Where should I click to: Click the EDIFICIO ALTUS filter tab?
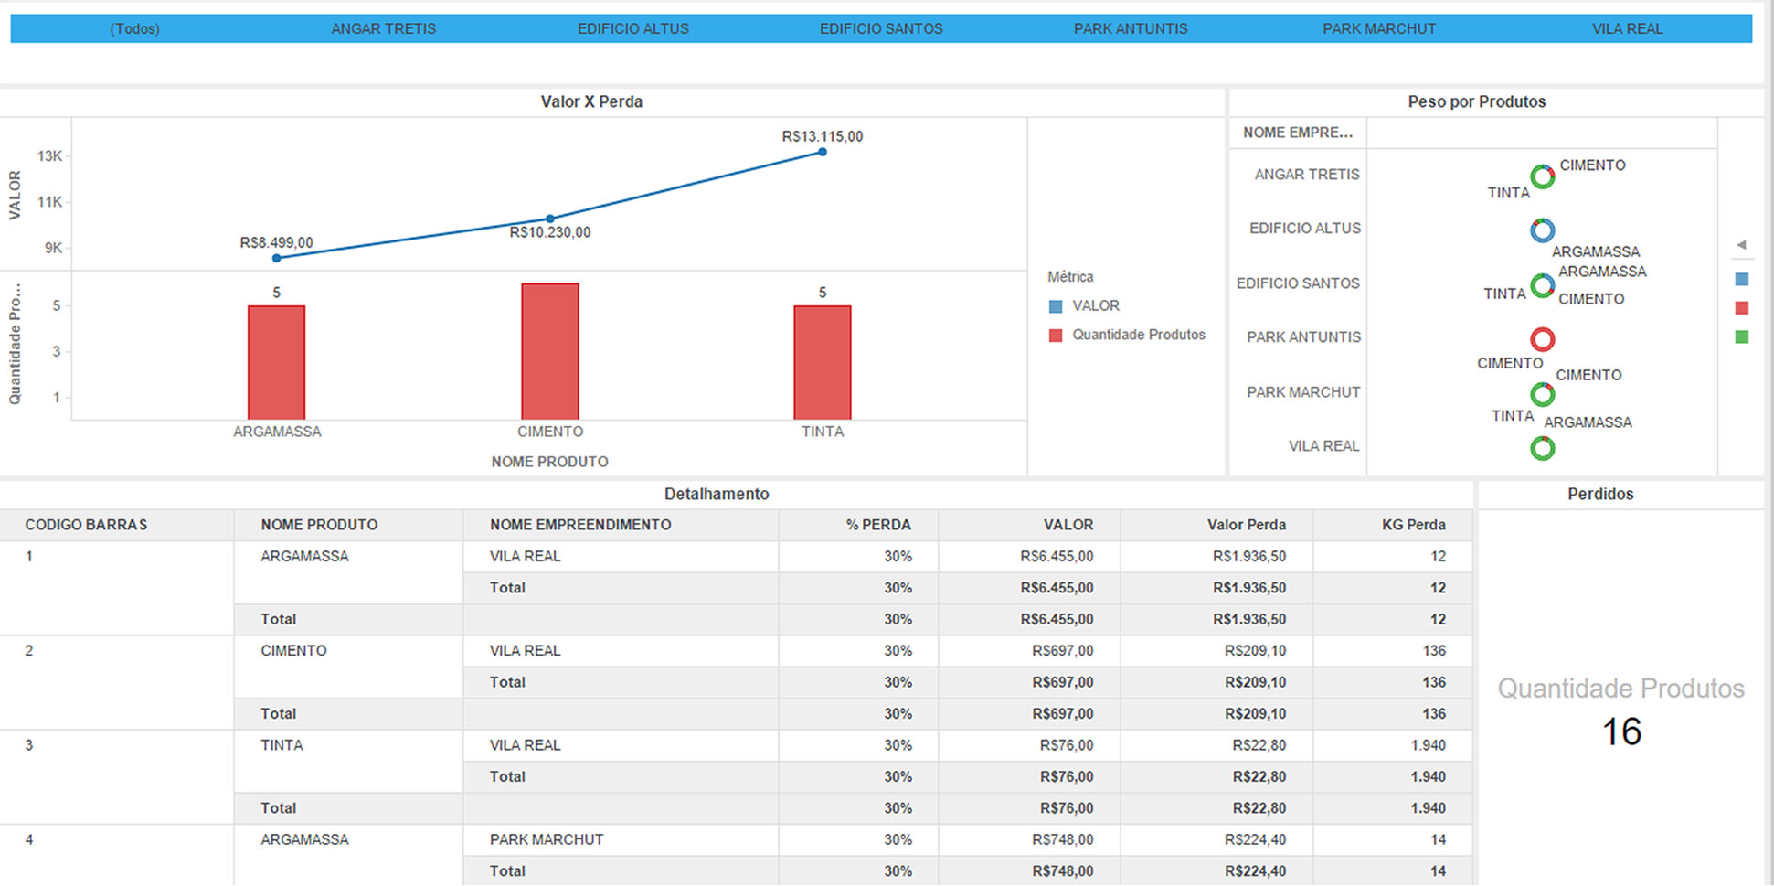tap(632, 28)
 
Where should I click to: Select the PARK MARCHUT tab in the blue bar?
tap(1378, 28)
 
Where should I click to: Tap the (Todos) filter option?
tap(134, 28)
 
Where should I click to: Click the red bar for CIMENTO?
tap(549, 352)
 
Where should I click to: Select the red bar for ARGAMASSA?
tap(276, 363)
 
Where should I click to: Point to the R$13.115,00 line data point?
tap(823, 152)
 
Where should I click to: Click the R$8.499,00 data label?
tap(276, 242)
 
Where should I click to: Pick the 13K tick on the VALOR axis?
tap(49, 156)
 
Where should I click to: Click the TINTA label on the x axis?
tap(823, 432)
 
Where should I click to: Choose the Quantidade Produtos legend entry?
tap(1138, 335)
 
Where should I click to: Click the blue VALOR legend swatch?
tap(1056, 306)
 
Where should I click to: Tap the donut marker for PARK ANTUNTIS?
tap(1543, 339)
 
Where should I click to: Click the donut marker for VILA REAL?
tap(1543, 448)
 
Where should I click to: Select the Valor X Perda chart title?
tap(591, 101)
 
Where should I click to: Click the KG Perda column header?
tap(1413, 525)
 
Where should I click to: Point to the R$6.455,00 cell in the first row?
tap(1057, 556)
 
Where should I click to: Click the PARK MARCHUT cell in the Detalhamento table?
tap(547, 839)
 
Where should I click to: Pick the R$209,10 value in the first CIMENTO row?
tap(1255, 651)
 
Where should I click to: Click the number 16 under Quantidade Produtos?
tap(1621, 731)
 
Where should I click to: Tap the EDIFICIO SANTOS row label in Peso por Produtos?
tap(1298, 283)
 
